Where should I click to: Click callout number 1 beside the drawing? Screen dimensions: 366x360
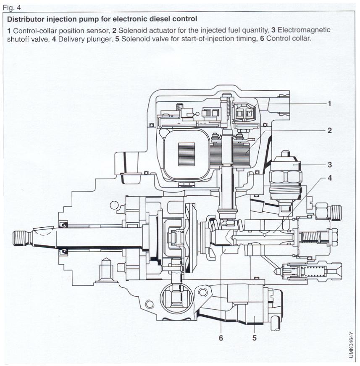pos(330,104)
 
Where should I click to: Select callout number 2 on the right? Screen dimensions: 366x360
pos(330,131)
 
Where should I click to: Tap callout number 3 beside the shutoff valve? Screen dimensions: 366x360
pos(330,165)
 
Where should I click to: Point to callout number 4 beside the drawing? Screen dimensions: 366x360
pos(330,178)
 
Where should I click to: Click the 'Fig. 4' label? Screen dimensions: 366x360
pos(11,6)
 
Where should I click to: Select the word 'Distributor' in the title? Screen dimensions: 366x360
pos(26,19)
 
